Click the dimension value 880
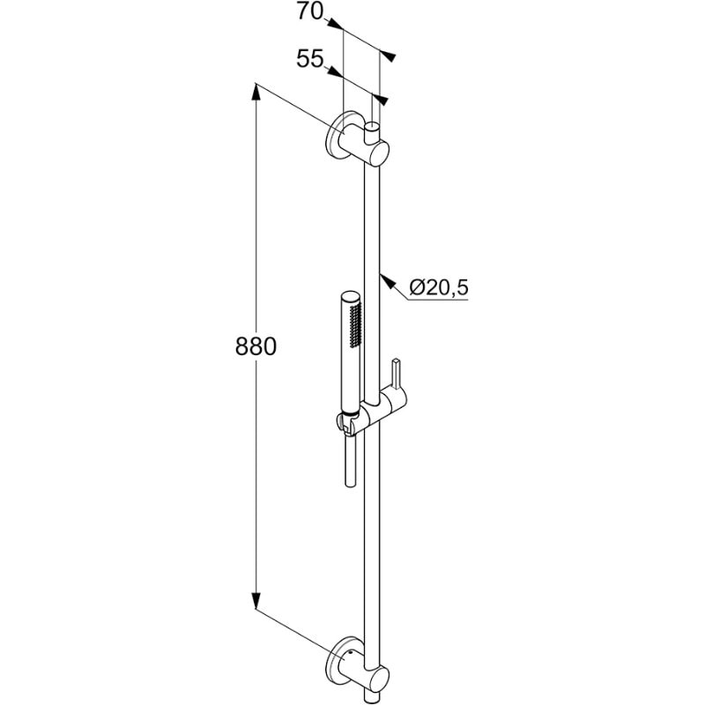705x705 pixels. (256, 346)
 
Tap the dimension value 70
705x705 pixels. (310, 11)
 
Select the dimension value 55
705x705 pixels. (310, 58)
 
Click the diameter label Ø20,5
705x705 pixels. (439, 287)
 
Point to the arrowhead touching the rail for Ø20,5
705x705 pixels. (388, 281)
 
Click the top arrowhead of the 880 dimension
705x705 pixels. (256, 93)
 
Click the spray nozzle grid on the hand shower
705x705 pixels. (356, 324)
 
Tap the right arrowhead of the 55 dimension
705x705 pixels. (381, 100)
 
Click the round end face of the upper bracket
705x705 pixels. (379, 153)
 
